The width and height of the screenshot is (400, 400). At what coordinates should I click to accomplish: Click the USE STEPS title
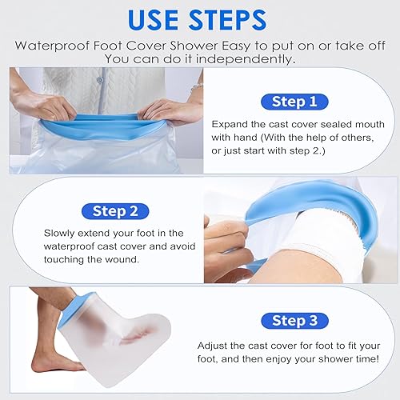[199, 18]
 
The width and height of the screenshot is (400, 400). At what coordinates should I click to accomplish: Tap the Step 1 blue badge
[294, 102]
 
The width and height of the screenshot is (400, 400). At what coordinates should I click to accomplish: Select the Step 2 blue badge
[117, 212]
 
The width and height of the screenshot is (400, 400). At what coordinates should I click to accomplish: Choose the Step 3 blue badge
[294, 321]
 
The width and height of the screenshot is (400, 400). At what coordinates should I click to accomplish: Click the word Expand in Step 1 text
[230, 124]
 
